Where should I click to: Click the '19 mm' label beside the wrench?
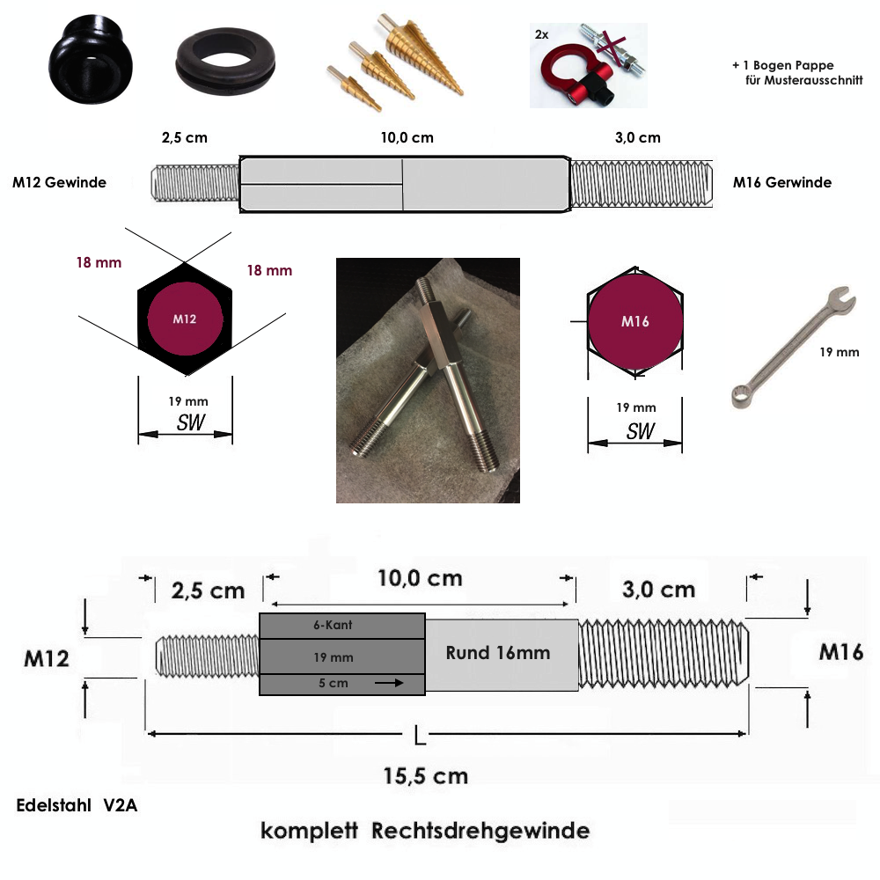coord(839,352)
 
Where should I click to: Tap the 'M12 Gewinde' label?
coord(60,183)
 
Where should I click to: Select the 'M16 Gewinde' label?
coord(782,183)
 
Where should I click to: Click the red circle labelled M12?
coord(185,319)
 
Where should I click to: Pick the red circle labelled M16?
coord(634,321)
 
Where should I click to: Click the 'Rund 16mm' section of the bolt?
coord(498,653)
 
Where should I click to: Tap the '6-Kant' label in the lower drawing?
coord(333,626)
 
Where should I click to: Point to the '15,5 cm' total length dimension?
coord(425,775)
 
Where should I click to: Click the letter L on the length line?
coord(420,735)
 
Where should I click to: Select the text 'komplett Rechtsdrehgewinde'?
coord(424,831)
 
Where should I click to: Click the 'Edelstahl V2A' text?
coord(76,805)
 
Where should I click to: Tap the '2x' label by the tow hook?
coord(541,34)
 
